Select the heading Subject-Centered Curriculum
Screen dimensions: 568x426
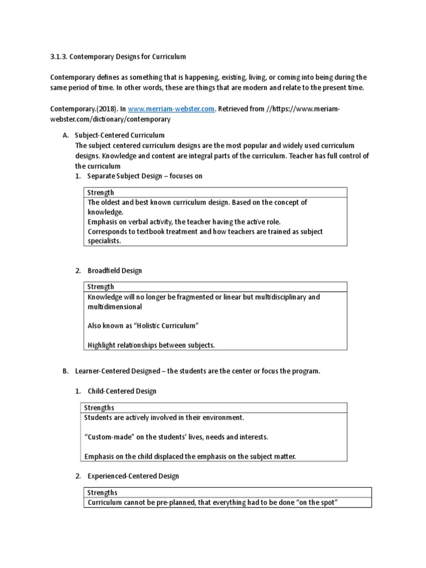pyautogui.click(x=120, y=135)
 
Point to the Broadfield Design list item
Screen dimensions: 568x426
pyautogui.click(x=115, y=271)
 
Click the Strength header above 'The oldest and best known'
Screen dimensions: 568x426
pyautogui.click(x=101, y=192)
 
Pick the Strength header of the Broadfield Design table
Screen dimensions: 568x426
pyautogui.click(x=101, y=287)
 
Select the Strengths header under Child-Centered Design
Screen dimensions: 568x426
pyautogui.click(x=99, y=408)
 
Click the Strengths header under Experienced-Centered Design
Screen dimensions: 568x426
pyautogui.click(x=103, y=493)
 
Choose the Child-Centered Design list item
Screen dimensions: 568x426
pyautogui.click(x=122, y=391)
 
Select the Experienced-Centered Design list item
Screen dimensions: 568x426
pyautogui.click(x=133, y=476)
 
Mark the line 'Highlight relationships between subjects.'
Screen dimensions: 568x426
pyautogui.click(x=151, y=345)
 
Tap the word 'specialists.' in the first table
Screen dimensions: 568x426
pyautogui.click(x=104, y=241)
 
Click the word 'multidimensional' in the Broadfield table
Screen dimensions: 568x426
pyautogui.click(x=115, y=307)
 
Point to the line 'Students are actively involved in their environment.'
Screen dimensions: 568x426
pyautogui.click(x=164, y=418)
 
